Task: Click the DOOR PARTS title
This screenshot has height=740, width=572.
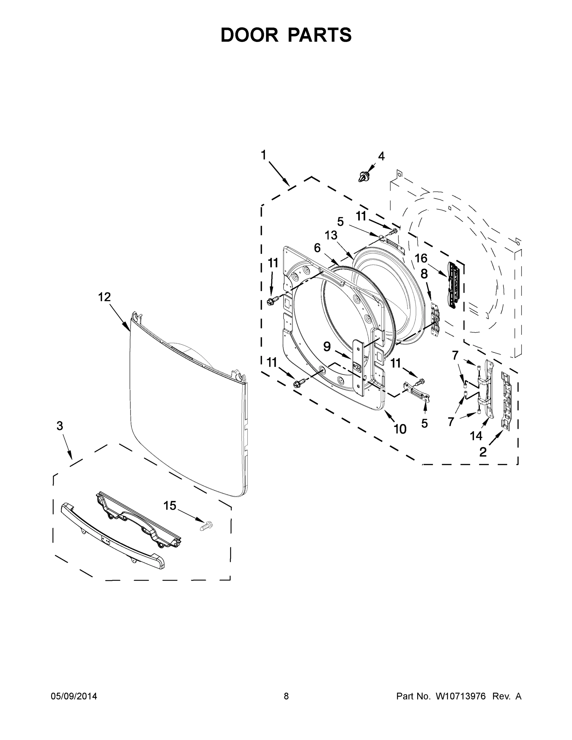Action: [286, 35]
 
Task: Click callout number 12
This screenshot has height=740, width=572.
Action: [104, 297]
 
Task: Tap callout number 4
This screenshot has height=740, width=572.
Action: [381, 156]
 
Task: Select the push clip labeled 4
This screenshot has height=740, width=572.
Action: [363, 176]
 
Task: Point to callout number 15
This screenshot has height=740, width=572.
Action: [170, 506]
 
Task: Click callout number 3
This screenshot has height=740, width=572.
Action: [60, 426]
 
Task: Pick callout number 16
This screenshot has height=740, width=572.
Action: [421, 258]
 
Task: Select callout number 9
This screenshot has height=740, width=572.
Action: [327, 346]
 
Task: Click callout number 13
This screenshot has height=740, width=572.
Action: [331, 235]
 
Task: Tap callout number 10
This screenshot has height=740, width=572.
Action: [400, 429]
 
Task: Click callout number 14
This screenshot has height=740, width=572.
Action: [476, 436]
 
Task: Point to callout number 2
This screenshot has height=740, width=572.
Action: [483, 452]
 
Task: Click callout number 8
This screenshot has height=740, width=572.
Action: [424, 274]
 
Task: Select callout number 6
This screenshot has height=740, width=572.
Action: [317, 248]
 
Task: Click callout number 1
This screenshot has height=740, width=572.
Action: [263, 155]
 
